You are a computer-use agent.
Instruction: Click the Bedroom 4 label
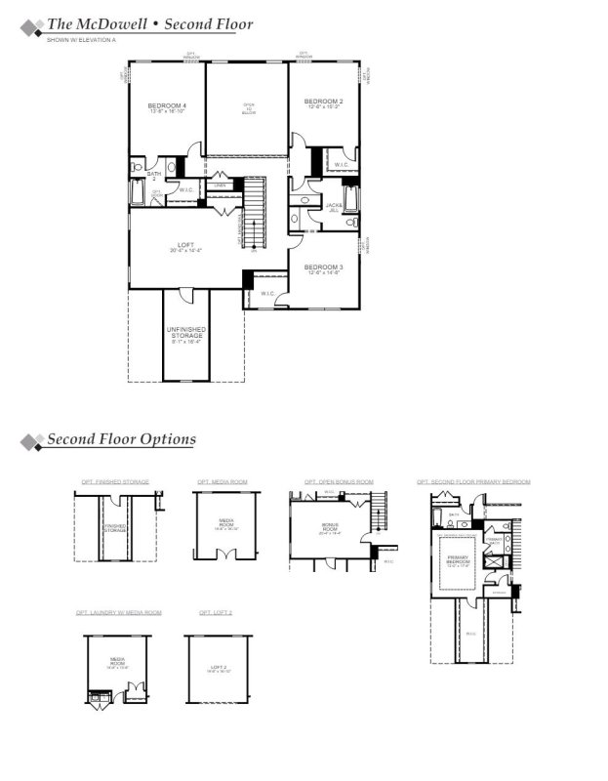[x=167, y=107]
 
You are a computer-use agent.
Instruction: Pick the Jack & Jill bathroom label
[x=335, y=207]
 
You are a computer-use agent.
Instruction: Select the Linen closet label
[x=221, y=185]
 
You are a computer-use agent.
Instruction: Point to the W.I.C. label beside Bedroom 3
[x=265, y=293]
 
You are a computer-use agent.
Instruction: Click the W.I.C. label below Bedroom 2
[x=342, y=165]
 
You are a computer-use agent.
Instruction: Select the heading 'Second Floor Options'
[x=121, y=439]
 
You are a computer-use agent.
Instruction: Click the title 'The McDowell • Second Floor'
[x=149, y=23]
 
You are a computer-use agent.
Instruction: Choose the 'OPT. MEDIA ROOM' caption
[x=223, y=482]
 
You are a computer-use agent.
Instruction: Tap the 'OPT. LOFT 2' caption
[x=215, y=612]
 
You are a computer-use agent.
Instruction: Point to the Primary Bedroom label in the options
[x=458, y=562]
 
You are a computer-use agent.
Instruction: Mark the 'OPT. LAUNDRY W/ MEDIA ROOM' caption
[x=119, y=612]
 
